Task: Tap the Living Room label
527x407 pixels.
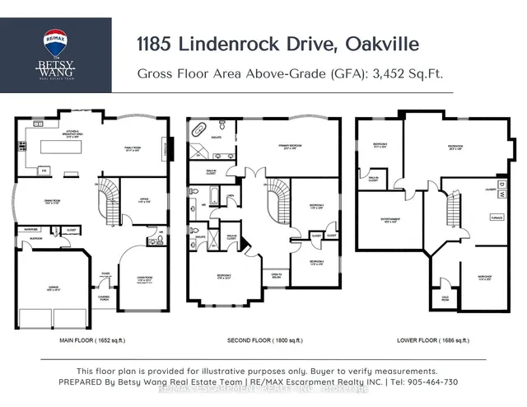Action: click(x=144, y=279)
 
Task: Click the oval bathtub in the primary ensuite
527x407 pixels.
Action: click(x=198, y=130)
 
